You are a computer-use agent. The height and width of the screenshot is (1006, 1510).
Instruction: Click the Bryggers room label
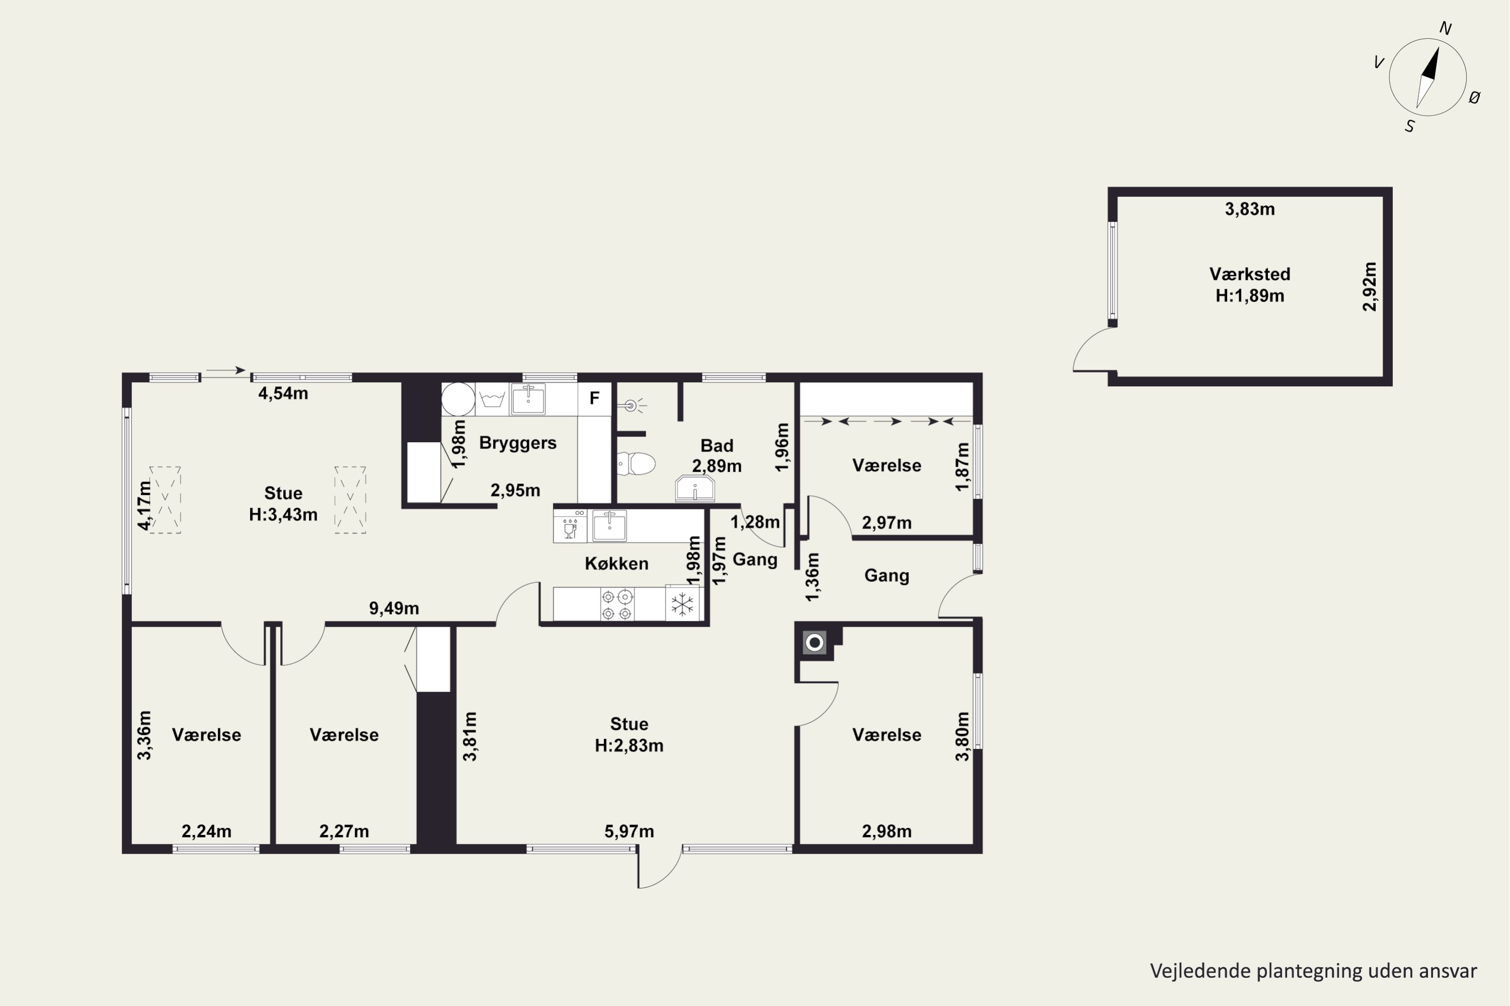[517, 443]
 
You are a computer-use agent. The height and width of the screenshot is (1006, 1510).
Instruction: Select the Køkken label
[616, 563]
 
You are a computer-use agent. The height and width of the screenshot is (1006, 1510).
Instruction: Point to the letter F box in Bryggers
[594, 398]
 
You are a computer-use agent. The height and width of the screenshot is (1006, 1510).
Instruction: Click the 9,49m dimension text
[394, 608]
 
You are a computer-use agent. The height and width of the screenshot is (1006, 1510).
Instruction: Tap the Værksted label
[1249, 274]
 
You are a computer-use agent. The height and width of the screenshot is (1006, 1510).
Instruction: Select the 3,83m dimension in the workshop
[1249, 209]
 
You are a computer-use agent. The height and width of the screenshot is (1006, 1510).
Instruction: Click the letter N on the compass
[1445, 28]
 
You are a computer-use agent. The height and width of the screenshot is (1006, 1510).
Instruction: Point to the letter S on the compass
[1409, 126]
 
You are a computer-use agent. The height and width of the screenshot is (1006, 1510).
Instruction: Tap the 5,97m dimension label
[629, 831]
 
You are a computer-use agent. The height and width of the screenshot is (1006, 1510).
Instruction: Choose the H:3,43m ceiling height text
[283, 515]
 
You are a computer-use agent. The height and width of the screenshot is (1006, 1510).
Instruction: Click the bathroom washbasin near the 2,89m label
[695, 489]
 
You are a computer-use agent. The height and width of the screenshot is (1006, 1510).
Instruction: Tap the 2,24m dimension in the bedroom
[206, 831]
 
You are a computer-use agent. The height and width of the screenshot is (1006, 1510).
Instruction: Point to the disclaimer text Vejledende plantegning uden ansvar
[1313, 971]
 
